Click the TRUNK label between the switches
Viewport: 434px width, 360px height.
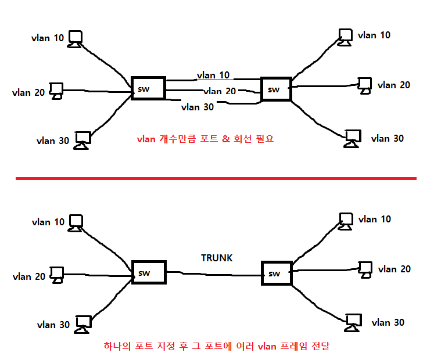[216, 258]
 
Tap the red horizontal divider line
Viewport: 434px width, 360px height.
[216, 178]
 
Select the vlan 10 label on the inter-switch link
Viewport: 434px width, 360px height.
[213, 75]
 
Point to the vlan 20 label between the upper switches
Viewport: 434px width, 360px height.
[220, 91]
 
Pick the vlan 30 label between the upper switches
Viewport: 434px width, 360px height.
[198, 107]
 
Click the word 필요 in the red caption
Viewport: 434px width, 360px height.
[264, 139]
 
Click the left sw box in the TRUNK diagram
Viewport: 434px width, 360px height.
[149, 272]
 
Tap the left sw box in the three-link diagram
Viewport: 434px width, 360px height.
[148, 88]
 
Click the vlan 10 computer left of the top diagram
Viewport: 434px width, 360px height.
[75, 39]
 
